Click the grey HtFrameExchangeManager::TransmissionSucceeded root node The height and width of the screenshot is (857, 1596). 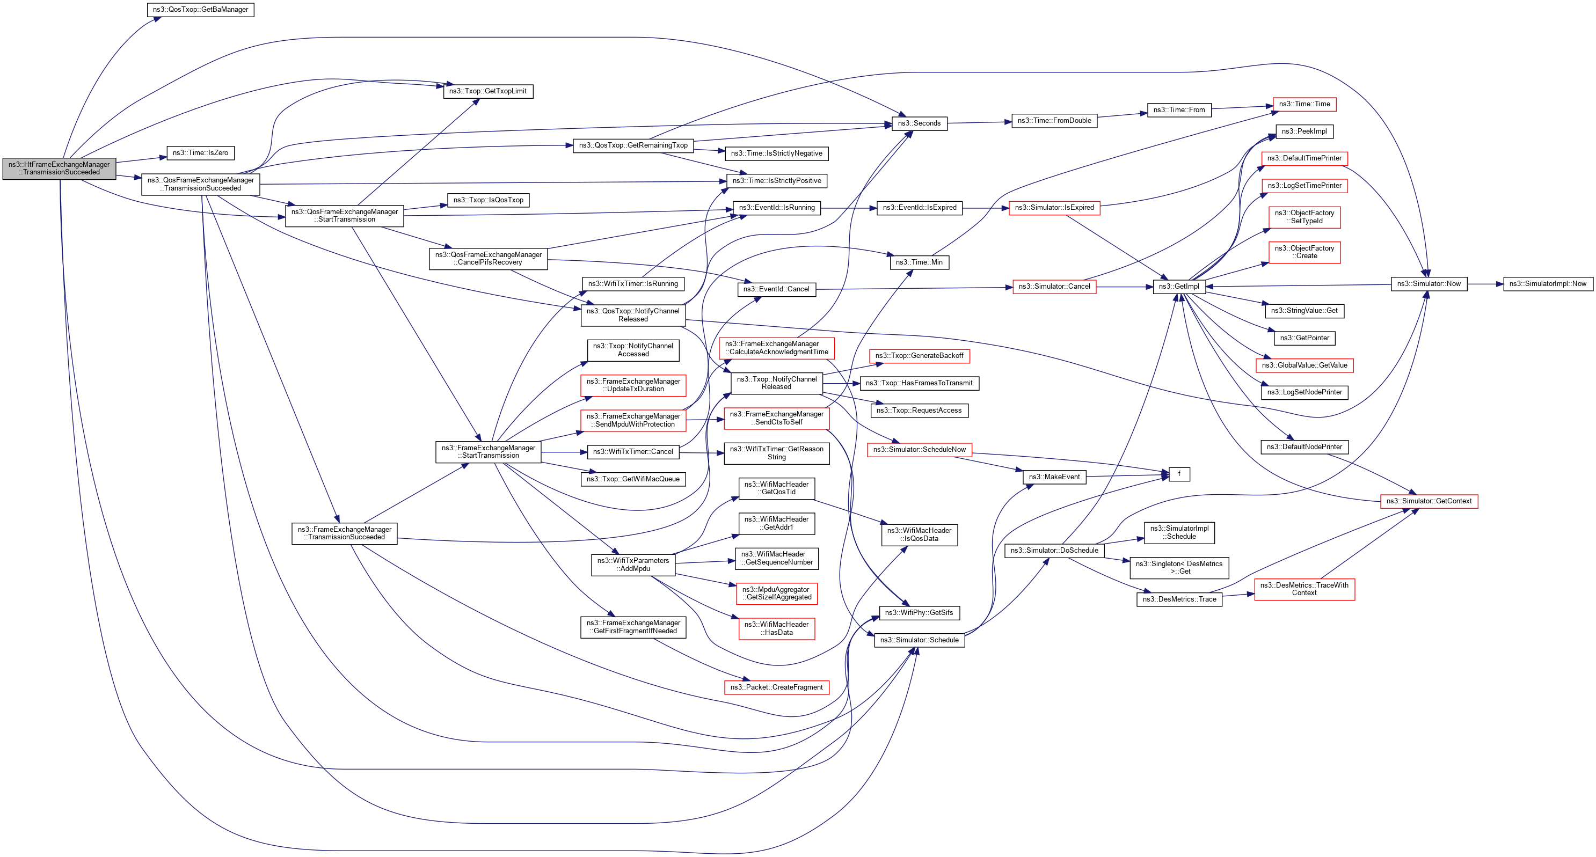pos(59,169)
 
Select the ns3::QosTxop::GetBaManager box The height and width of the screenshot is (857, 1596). pos(200,10)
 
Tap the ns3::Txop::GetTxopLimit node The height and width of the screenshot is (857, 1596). pos(487,91)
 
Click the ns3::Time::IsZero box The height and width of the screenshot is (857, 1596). pos(200,153)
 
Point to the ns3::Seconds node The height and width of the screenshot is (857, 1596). pos(919,123)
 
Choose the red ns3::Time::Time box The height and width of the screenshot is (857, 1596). pos(1304,104)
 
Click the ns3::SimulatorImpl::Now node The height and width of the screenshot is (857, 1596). pos(1547,283)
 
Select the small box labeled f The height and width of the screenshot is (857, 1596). pos(1178,474)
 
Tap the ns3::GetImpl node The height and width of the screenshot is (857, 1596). pos(1178,287)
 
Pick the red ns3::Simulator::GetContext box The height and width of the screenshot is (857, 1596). pos(1429,501)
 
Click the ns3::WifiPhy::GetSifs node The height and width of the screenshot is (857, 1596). pos(919,612)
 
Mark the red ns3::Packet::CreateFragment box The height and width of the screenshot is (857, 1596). pos(776,687)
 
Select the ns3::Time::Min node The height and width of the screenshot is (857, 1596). pos(919,262)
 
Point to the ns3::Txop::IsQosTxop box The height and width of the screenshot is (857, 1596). pos(487,200)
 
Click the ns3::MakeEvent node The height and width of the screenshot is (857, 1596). pos(1054,477)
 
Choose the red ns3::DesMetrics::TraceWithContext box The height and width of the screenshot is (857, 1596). pos(1304,589)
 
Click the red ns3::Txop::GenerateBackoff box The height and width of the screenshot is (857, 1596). pos(919,356)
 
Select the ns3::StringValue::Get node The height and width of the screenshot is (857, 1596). pos(1303,311)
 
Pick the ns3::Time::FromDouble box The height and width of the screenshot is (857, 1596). pos(1054,121)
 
